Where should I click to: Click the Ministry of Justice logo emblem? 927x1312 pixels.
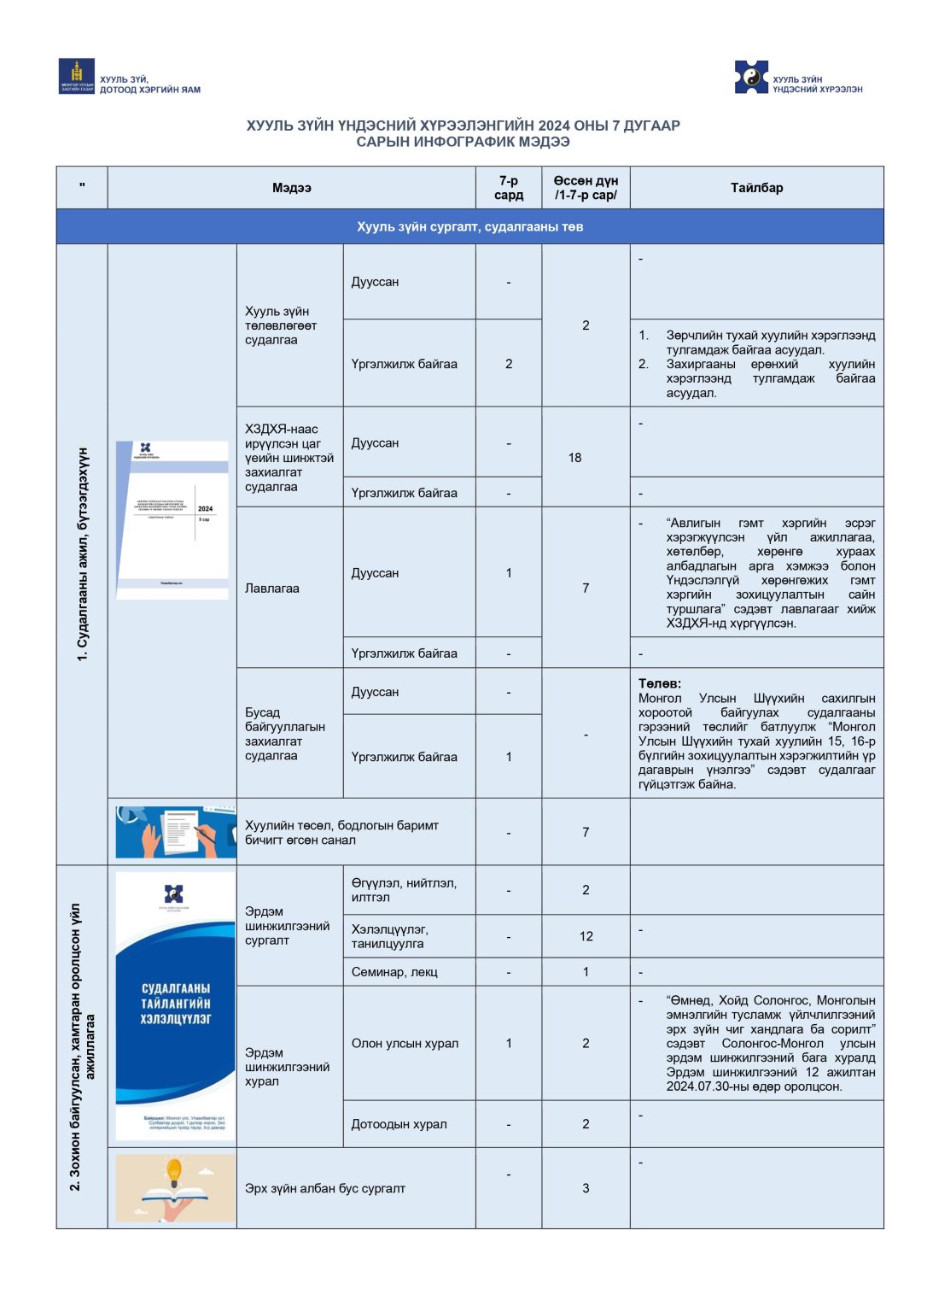pyautogui.click(x=77, y=76)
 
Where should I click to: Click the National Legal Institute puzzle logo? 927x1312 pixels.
pyautogui.click(x=751, y=77)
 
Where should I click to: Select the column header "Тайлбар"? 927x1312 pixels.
pyautogui.click(x=756, y=188)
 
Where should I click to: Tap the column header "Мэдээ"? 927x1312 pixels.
pyautogui.click(x=291, y=188)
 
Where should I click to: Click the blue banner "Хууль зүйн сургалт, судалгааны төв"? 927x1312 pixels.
pyautogui.click(x=469, y=227)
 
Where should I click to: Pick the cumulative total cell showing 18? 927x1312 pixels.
pyautogui.click(x=574, y=458)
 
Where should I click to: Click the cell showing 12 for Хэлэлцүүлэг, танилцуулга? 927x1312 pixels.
pyautogui.click(x=586, y=936)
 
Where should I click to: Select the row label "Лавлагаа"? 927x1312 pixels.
pyautogui.click(x=272, y=589)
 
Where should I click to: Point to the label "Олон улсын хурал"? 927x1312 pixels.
pyautogui.click(x=405, y=1043)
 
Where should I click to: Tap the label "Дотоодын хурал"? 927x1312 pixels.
pyautogui.click(x=399, y=1124)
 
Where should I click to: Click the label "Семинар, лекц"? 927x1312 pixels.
pyautogui.click(x=394, y=972)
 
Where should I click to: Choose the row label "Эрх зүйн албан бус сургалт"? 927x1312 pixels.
pyautogui.click(x=324, y=1188)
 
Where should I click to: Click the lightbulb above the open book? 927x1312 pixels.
pyautogui.click(x=174, y=1169)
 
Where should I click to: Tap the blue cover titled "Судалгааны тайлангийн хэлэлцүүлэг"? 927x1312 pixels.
pyautogui.click(x=175, y=1005)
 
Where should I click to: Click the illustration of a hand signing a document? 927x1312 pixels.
pyautogui.click(x=176, y=832)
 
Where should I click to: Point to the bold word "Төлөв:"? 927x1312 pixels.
pyautogui.click(x=660, y=683)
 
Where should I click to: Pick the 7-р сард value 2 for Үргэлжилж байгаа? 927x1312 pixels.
pyautogui.click(x=509, y=364)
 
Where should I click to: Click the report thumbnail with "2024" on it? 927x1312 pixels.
pyautogui.click(x=172, y=519)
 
